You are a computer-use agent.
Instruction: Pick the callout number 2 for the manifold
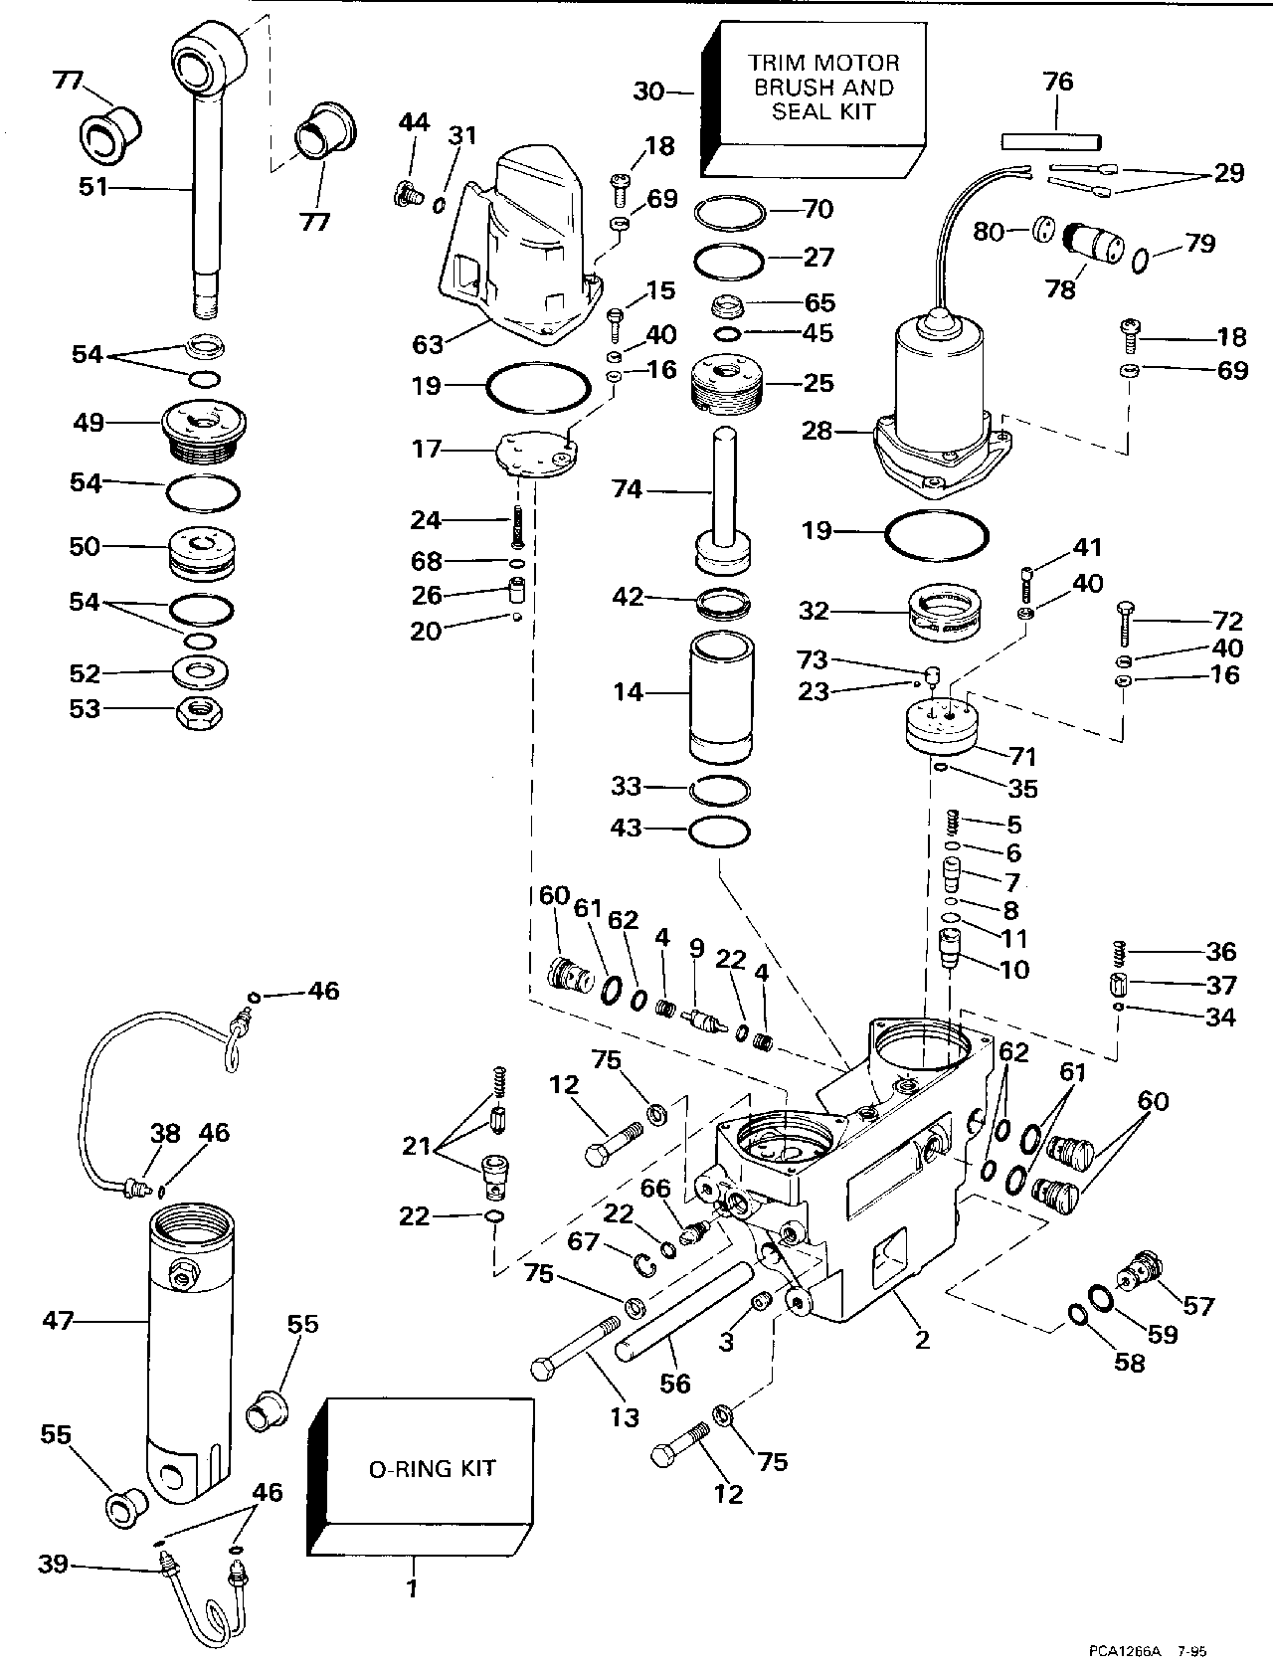tap(922, 1340)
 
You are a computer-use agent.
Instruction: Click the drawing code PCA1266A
tap(1127, 1648)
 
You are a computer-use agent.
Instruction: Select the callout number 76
tap(1057, 82)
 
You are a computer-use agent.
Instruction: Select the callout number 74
tap(628, 489)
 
